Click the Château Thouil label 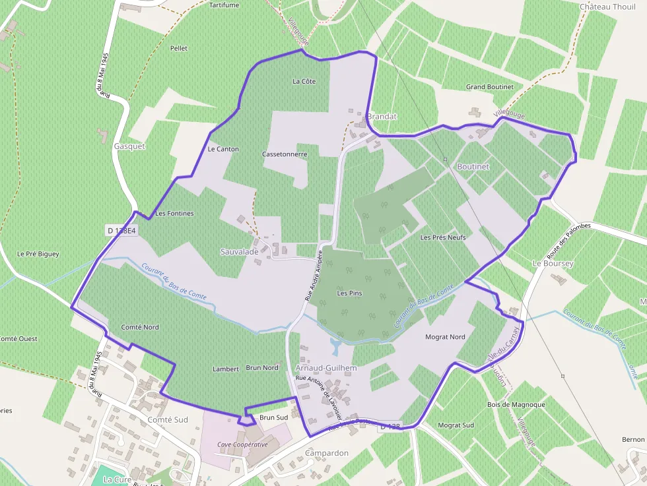607,7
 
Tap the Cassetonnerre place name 285,154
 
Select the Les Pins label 350,293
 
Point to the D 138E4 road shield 121,231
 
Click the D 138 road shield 390,427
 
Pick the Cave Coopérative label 243,444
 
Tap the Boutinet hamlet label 473,167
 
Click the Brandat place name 382,117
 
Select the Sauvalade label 239,252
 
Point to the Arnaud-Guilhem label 326,368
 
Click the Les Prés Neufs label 443,237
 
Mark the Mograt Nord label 445,337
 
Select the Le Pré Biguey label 38,254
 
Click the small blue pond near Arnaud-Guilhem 335,344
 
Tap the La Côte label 304,82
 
